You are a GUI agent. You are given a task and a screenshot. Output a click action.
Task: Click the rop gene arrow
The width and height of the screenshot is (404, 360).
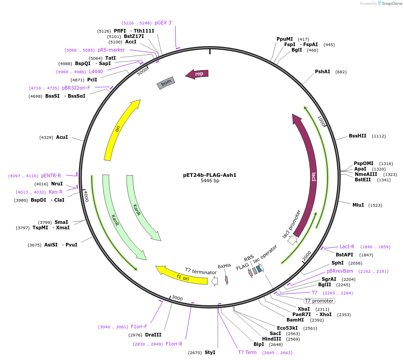coord(197,74)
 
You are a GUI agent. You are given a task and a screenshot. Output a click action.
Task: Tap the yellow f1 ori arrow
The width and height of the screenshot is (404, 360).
coord(181,276)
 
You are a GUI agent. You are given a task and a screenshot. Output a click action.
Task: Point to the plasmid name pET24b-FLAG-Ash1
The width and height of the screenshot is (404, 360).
coord(210,175)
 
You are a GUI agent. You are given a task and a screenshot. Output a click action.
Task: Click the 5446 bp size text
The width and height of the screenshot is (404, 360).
coord(210,181)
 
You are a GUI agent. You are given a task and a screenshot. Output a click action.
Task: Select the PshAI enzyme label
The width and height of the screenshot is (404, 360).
coord(322,72)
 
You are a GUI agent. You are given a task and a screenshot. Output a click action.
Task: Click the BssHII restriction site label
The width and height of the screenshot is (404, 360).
coord(357,136)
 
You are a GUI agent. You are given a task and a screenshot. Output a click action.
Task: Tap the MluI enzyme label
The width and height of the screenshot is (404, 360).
coord(358,205)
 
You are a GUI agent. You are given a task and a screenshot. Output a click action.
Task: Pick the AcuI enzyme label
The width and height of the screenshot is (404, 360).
coord(62,137)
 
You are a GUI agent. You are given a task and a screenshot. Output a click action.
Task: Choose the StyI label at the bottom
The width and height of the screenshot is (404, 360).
coord(210,352)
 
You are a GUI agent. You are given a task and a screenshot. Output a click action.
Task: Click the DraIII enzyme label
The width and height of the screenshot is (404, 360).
coord(153,335)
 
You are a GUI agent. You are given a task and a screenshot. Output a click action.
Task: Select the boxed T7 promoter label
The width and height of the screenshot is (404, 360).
coord(319,301)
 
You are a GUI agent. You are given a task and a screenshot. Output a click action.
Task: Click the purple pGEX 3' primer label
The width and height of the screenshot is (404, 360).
coord(163,23)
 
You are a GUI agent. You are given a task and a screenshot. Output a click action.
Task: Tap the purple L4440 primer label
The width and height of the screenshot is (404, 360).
coord(96,72)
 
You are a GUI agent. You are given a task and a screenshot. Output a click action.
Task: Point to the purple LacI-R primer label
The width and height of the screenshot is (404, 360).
coord(347,247)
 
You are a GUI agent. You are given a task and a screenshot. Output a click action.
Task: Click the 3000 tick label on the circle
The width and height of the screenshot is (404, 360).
coord(177,298)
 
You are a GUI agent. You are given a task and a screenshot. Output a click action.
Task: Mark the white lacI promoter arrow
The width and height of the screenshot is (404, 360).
coord(292,240)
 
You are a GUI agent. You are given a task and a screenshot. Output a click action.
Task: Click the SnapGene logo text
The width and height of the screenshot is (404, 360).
coord(392,3)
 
